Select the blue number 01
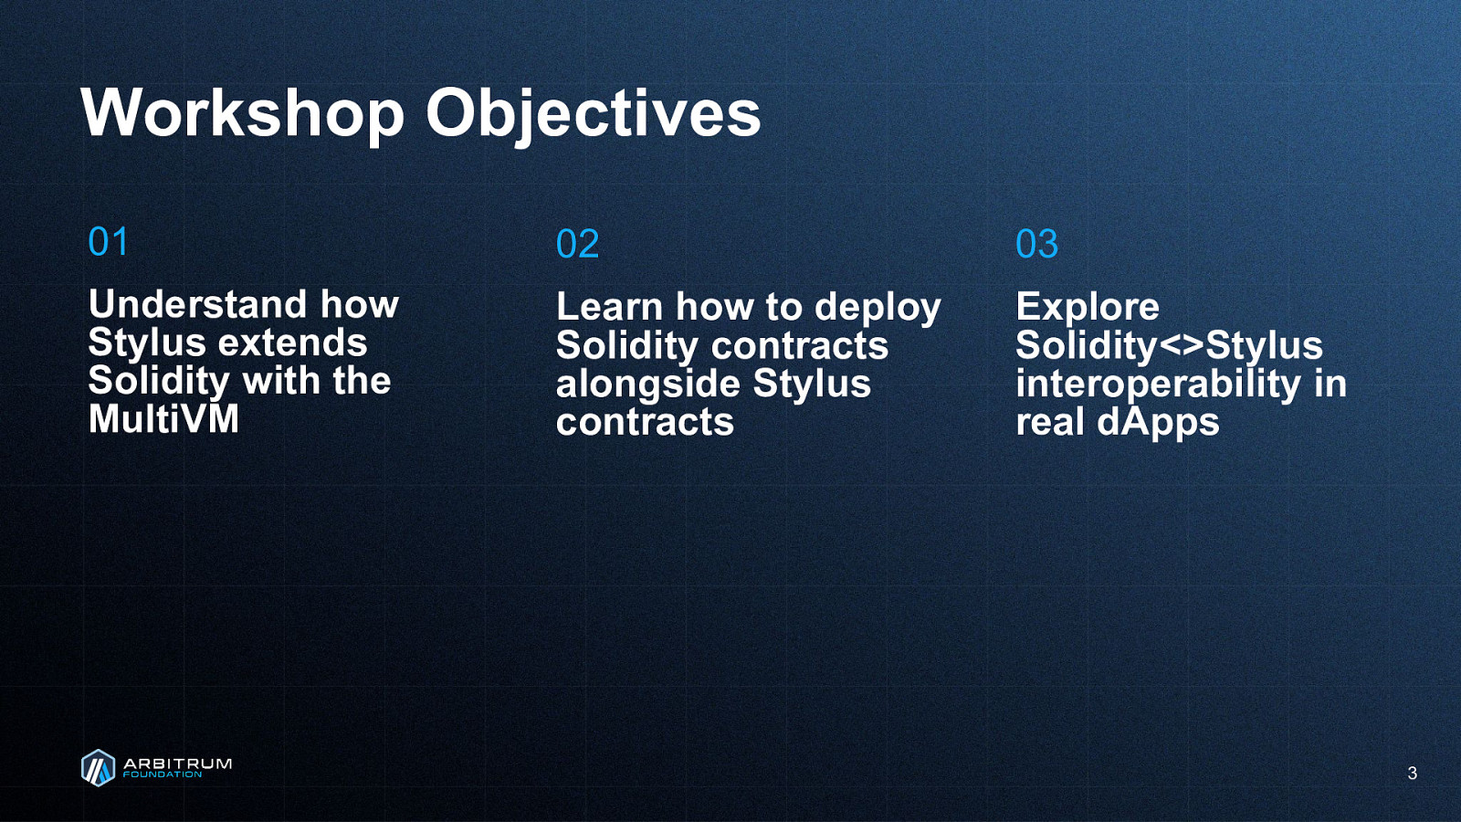[x=108, y=241]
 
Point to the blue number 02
[x=577, y=244]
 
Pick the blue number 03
[x=1036, y=244]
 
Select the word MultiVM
[x=163, y=419]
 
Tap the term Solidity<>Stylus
[x=1169, y=347]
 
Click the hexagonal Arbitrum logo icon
[x=98, y=768]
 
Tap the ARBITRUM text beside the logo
[x=177, y=764]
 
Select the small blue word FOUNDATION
[x=163, y=775]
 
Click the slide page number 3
[x=1412, y=773]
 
